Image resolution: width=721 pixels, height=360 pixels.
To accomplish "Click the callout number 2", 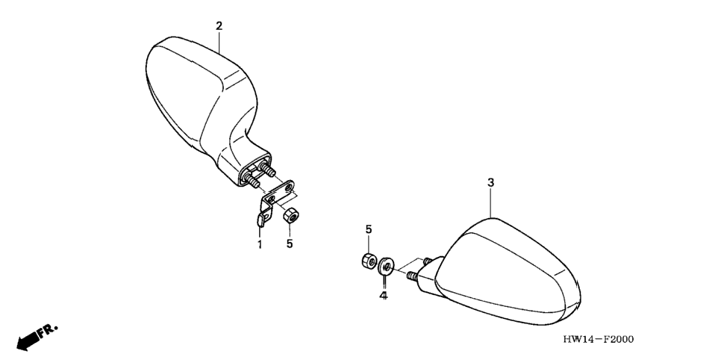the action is [219, 26].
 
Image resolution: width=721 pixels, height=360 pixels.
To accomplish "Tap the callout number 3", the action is [490, 183].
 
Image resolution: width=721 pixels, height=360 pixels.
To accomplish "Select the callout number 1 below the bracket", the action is [260, 244].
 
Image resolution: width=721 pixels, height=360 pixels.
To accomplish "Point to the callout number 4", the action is [384, 296].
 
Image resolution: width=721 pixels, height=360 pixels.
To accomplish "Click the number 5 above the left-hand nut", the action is [369, 229].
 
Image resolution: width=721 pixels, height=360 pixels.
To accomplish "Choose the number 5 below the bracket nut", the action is [290, 243].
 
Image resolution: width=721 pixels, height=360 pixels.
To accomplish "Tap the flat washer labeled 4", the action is [386, 266].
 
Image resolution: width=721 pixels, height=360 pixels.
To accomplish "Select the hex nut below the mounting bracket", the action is [290, 215].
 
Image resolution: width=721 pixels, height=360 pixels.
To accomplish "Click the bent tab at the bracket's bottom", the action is [260, 220].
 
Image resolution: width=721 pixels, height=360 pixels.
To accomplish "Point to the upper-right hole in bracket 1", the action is [288, 187].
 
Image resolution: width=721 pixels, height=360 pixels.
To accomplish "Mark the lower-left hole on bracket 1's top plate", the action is [271, 199].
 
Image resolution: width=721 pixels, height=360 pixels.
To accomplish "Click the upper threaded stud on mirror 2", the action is [268, 169].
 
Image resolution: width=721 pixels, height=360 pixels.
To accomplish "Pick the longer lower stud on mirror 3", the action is [412, 276].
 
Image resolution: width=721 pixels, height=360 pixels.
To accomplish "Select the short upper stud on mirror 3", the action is [427, 261].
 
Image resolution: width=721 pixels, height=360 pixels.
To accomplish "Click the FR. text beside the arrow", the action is [49, 332].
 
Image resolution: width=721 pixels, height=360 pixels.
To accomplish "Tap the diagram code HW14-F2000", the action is [599, 340].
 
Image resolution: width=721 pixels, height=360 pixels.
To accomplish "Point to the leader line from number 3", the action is [490, 203].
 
